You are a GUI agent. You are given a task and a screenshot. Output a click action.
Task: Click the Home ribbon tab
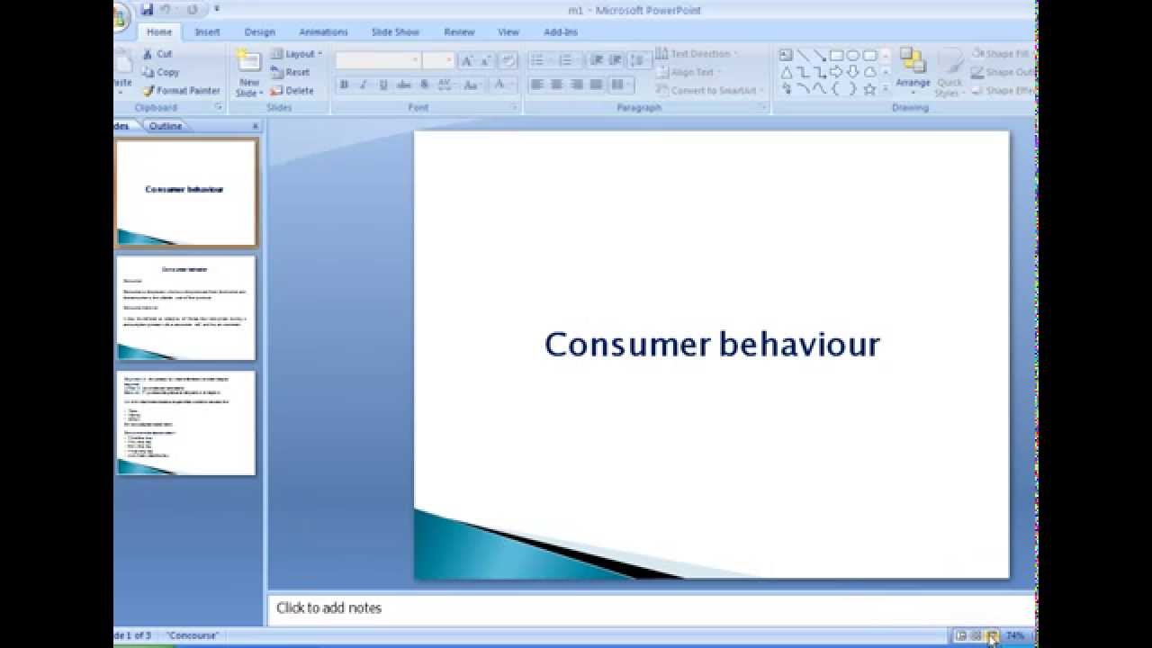coord(159,32)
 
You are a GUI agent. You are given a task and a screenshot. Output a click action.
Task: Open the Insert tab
coord(207,32)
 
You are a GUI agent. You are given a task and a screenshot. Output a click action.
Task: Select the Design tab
coord(259,32)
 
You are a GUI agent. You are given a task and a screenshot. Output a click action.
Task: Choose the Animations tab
coord(323,32)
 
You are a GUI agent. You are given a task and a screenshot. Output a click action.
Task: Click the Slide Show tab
coord(395,32)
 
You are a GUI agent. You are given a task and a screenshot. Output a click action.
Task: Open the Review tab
coord(459,32)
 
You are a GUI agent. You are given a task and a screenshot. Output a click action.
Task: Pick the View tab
coord(508,32)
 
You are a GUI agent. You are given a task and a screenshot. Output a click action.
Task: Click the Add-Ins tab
coord(561,32)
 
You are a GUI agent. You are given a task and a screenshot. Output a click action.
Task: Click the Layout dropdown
coord(296,54)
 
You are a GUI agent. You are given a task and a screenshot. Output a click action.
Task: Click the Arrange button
coord(913,70)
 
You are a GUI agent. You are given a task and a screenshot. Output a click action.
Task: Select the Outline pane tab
coord(166,126)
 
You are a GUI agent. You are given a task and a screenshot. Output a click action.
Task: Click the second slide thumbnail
coord(186,308)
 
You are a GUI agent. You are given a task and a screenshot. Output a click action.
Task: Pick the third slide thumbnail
coord(186,423)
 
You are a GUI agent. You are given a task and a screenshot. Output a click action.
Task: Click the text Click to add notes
coord(329,608)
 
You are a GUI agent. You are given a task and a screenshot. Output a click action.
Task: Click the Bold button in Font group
coord(344,85)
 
